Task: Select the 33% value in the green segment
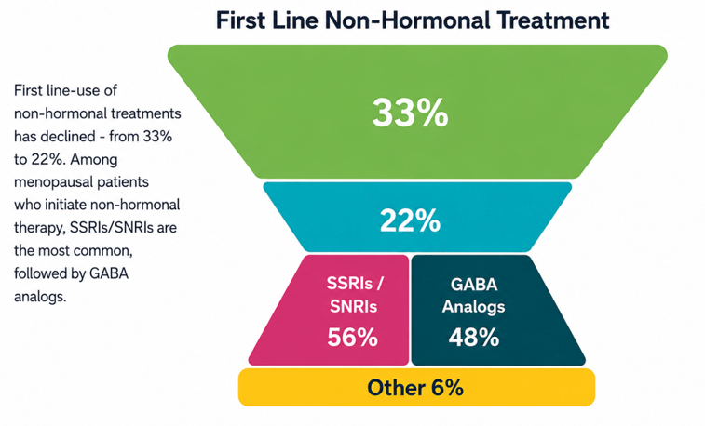410,113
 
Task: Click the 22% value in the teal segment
410,220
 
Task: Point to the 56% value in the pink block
352,337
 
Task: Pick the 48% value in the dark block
474,337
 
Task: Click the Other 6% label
415,387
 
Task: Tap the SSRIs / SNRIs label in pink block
354,295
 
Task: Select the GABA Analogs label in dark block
473,296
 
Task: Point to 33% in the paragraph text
157,137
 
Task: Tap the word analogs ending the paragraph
40,297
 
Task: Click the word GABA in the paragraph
109,273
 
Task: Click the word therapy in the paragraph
40,229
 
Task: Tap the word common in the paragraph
105,251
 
